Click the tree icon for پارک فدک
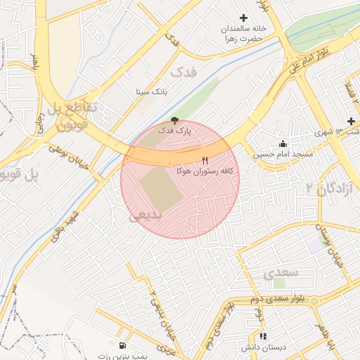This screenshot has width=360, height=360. click(x=174, y=120)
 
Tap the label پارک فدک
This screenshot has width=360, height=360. click(x=174, y=131)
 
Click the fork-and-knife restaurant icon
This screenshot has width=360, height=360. click(x=205, y=160)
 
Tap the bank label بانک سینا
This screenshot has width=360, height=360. click(x=153, y=92)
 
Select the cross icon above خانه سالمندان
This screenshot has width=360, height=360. click(x=244, y=18)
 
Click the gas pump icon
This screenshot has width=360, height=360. click(x=124, y=345)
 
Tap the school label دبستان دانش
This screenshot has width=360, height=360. click(x=262, y=348)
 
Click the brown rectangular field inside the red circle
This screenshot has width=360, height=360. click(x=161, y=189)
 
